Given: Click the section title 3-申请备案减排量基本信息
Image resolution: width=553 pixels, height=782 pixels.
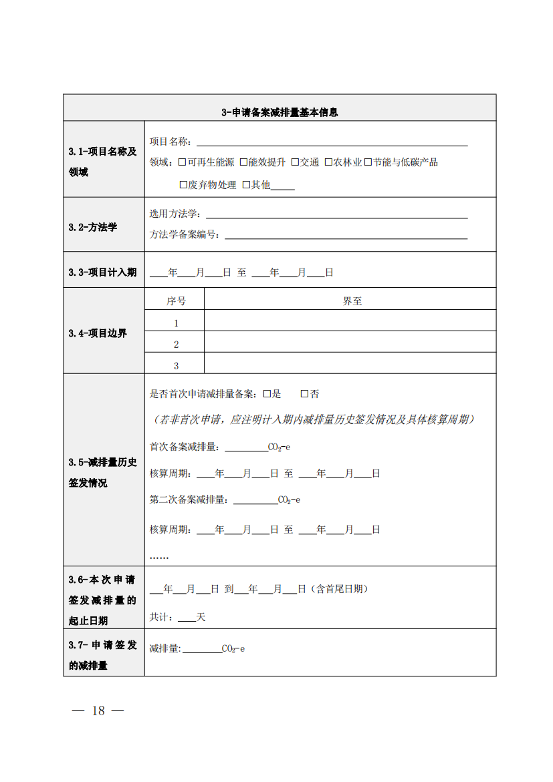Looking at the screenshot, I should pyautogui.click(x=280, y=112).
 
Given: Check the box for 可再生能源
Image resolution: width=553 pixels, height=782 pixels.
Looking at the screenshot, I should pyautogui.click(x=182, y=162).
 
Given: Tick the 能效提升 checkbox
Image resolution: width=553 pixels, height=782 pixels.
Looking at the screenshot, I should pyautogui.click(x=244, y=162).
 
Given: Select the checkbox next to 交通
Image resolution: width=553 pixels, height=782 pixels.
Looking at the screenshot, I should pyautogui.click(x=295, y=162).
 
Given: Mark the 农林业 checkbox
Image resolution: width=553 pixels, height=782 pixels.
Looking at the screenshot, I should pyautogui.click(x=329, y=162).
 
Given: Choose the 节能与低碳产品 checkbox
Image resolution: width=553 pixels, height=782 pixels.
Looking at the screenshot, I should pyautogui.click(x=368, y=162).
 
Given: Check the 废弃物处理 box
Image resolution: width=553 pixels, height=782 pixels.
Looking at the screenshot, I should pyautogui.click(x=183, y=185).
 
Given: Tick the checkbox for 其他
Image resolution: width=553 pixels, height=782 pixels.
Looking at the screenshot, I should pyautogui.click(x=246, y=185).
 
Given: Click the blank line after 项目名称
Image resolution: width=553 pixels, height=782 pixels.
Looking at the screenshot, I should pyautogui.click(x=331, y=142).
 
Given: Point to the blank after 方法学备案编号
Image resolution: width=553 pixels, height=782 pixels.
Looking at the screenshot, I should pyautogui.click(x=346, y=235).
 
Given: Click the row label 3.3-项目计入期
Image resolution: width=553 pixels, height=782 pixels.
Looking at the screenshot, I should pyautogui.click(x=102, y=272).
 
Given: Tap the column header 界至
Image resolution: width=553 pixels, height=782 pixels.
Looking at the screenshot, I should pyautogui.click(x=352, y=301).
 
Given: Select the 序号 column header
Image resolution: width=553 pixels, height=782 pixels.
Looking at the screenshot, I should pyautogui.click(x=176, y=301).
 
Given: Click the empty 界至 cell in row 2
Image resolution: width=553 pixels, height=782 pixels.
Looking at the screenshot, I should pyautogui.click(x=350, y=344).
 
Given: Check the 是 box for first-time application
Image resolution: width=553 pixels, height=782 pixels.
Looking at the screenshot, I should pyautogui.click(x=266, y=394).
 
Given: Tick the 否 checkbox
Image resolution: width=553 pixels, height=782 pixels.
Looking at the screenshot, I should pyautogui.click(x=304, y=394).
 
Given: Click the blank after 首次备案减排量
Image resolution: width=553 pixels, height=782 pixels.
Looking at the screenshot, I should pyautogui.click(x=245, y=447).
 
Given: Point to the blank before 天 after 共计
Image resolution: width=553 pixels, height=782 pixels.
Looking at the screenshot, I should pyautogui.click(x=187, y=618).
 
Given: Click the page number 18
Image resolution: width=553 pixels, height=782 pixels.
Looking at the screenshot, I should pyautogui.click(x=98, y=710).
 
